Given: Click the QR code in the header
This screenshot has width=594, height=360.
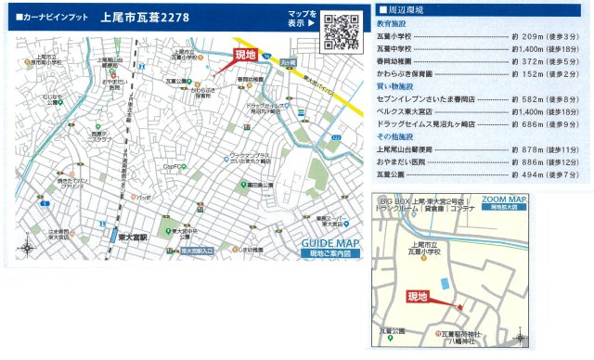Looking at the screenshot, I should tap(342, 31).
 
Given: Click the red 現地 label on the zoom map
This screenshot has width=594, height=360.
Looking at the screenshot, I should tap(418, 297).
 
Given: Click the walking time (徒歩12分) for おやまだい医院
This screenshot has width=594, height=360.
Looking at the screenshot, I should tap(559, 161).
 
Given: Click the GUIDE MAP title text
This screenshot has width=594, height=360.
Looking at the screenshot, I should tap(331, 244).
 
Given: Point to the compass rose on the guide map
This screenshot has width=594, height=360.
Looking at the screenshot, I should tap(27, 248).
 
